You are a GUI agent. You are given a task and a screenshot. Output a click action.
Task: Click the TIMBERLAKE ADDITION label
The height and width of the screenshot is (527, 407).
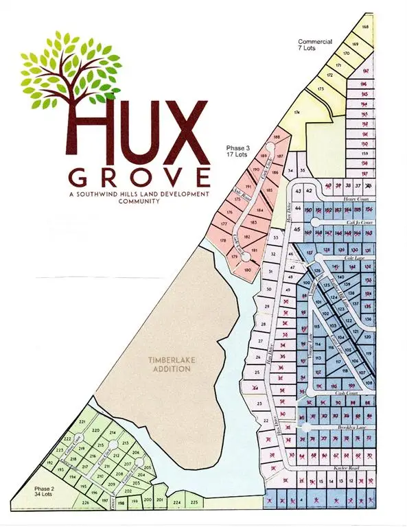click(172, 364)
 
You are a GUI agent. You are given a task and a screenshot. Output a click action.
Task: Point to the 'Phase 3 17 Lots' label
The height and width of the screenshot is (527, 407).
click(237, 151)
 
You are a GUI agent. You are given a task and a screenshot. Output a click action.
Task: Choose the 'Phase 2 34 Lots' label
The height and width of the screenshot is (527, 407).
click(45, 492)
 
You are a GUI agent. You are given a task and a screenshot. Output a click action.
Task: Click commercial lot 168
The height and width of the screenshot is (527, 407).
click(366, 27)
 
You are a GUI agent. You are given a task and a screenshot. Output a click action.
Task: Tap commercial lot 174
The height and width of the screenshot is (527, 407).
click(297, 112)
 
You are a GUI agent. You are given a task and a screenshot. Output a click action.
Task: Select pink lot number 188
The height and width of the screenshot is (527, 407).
click(277, 138)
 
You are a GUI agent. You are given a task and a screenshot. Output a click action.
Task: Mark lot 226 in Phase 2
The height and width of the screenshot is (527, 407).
click(86, 503)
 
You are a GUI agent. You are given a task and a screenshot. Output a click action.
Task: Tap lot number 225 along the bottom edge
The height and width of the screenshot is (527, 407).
click(194, 502)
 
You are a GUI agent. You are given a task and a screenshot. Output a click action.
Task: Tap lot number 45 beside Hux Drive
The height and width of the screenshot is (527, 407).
click(298, 230)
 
